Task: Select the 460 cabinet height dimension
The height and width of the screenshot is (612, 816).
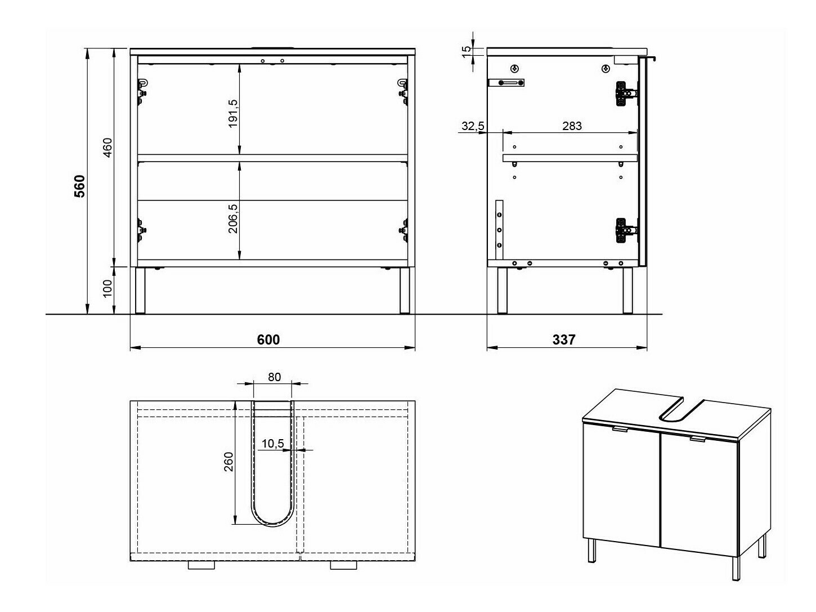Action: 107,148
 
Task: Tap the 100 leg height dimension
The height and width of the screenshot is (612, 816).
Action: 107,288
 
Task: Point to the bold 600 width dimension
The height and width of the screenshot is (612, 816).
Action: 268,339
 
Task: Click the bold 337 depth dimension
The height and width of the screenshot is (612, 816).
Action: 563,339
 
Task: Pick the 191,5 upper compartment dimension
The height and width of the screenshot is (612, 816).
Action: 233,113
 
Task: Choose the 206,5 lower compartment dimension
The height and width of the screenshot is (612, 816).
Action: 233,218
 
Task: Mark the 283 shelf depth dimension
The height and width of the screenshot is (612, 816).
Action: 572,126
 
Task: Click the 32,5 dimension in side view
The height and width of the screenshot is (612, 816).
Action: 473,126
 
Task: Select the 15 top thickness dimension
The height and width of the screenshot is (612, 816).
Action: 466,52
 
